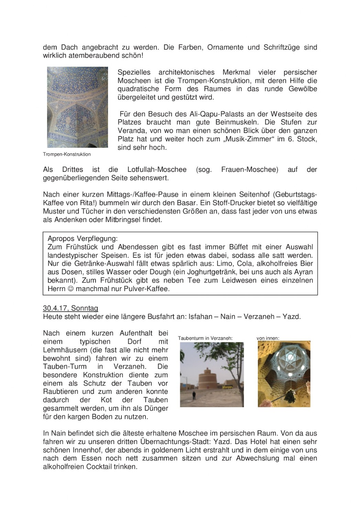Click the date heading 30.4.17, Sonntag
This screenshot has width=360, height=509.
[x=70, y=308]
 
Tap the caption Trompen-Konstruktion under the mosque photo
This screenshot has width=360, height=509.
[x=67, y=154]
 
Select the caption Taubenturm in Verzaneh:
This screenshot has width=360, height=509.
[x=205, y=338]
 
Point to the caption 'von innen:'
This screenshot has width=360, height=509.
[x=268, y=338]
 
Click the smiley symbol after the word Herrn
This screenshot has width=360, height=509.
[x=71, y=289]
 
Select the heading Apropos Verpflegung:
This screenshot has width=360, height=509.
[x=83, y=239]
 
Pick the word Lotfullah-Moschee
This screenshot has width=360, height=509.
[x=157, y=169]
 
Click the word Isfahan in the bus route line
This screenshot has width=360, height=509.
[x=200, y=317]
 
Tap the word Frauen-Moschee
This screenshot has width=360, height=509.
[x=250, y=169]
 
